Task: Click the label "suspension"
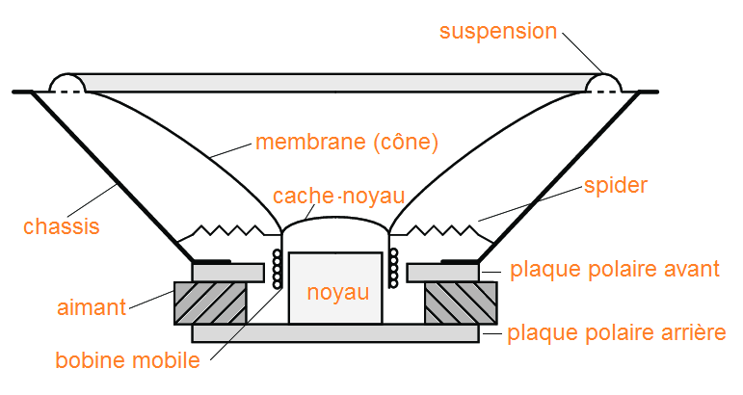(498, 31)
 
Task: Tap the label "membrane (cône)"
(347, 143)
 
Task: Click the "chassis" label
(62, 227)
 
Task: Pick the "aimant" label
(91, 307)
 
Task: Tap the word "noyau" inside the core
(337, 292)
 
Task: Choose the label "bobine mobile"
(127, 361)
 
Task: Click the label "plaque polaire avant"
(614, 269)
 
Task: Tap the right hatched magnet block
(460, 303)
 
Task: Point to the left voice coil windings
(279, 270)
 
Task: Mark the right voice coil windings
(393, 270)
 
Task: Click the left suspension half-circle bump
(67, 84)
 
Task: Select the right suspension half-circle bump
(604, 84)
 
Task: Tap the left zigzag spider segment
(230, 231)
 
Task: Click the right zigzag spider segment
(441, 231)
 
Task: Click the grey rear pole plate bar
(335, 333)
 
